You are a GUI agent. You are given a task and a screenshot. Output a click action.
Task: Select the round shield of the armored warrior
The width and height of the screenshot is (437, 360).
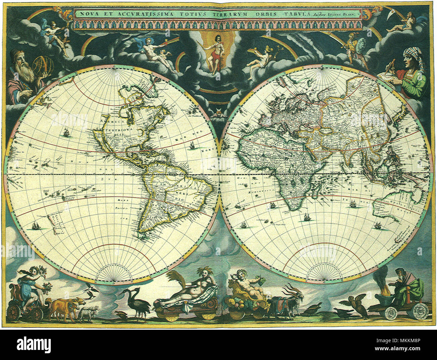[x=362, y=45]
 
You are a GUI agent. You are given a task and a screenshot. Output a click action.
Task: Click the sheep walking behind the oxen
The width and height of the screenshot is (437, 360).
[x=88, y=313]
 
